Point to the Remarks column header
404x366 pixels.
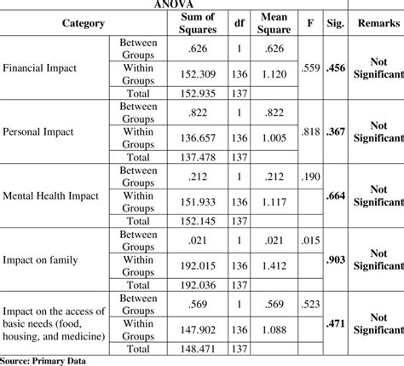click(x=375, y=23)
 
